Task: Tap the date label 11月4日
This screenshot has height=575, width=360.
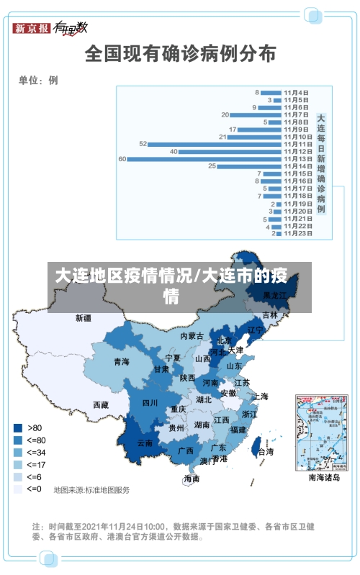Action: coord(296,93)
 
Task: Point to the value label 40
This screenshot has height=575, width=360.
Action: coord(174,151)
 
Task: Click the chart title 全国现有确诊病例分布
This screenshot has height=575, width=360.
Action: coord(180,53)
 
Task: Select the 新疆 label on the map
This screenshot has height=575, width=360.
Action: coord(84,317)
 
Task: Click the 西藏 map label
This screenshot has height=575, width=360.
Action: coord(100,404)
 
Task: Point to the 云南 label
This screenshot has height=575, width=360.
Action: coord(145,443)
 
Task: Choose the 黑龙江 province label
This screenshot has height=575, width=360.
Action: coord(274,295)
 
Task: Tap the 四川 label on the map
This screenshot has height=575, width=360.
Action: coord(149,403)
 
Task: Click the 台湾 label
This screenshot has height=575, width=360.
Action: coord(266,452)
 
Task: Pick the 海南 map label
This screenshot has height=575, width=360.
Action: coord(192,479)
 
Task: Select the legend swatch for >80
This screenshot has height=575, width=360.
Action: coord(17,427)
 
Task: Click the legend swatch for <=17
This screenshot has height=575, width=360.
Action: coord(17,464)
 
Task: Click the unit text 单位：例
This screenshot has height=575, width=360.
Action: coord(38,80)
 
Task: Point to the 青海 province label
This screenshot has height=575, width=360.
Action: coord(122,362)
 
